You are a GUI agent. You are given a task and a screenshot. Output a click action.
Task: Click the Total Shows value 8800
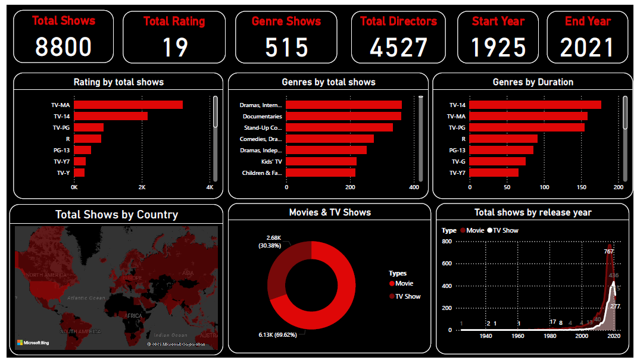point(63,47)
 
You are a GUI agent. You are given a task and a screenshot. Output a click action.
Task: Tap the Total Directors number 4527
point(398,48)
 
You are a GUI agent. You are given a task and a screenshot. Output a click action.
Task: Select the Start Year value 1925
point(498,48)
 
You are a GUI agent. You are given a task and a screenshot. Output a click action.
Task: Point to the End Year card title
point(587,21)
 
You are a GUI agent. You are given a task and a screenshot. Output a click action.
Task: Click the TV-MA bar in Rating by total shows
point(128,105)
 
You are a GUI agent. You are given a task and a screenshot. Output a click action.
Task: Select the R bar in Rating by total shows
point(88,139)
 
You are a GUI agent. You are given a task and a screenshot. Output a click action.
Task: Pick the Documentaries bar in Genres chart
point(344,116)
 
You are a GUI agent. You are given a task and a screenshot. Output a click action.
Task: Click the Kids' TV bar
point(321,161)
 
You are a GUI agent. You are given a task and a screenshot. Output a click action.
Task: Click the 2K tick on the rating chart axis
point(142,187)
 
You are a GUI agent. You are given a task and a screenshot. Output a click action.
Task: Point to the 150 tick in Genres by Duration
point(581,187)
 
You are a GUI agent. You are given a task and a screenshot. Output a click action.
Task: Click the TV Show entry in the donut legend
point(408,296)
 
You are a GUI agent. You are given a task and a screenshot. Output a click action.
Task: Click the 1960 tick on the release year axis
point(518,336)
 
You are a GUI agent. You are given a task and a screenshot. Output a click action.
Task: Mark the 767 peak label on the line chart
point(608,251)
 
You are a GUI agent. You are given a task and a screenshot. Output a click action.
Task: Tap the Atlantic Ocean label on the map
point(86,298)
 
